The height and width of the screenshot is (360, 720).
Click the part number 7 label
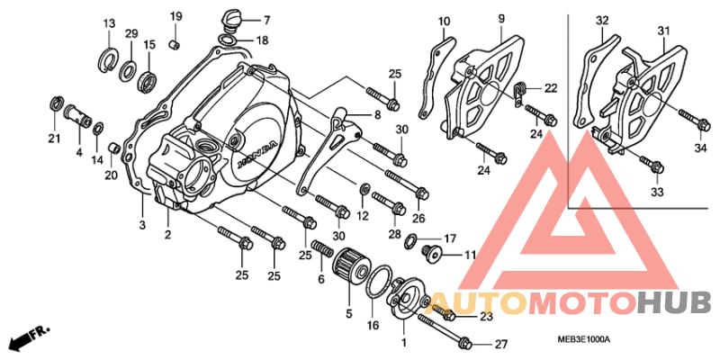pyautogui.click(x=267, y=19)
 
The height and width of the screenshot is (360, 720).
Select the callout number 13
pyautogui.click(x=108, y=23)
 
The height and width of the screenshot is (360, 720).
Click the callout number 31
pyautogui.click(x=664, y=32)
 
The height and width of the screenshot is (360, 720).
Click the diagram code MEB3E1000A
pyautogui.click(x=583, y=339)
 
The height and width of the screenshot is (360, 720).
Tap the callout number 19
pyautogui.click(x=175, y=16)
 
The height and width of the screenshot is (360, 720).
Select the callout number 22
pyautogui.click(x=551, y=87)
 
